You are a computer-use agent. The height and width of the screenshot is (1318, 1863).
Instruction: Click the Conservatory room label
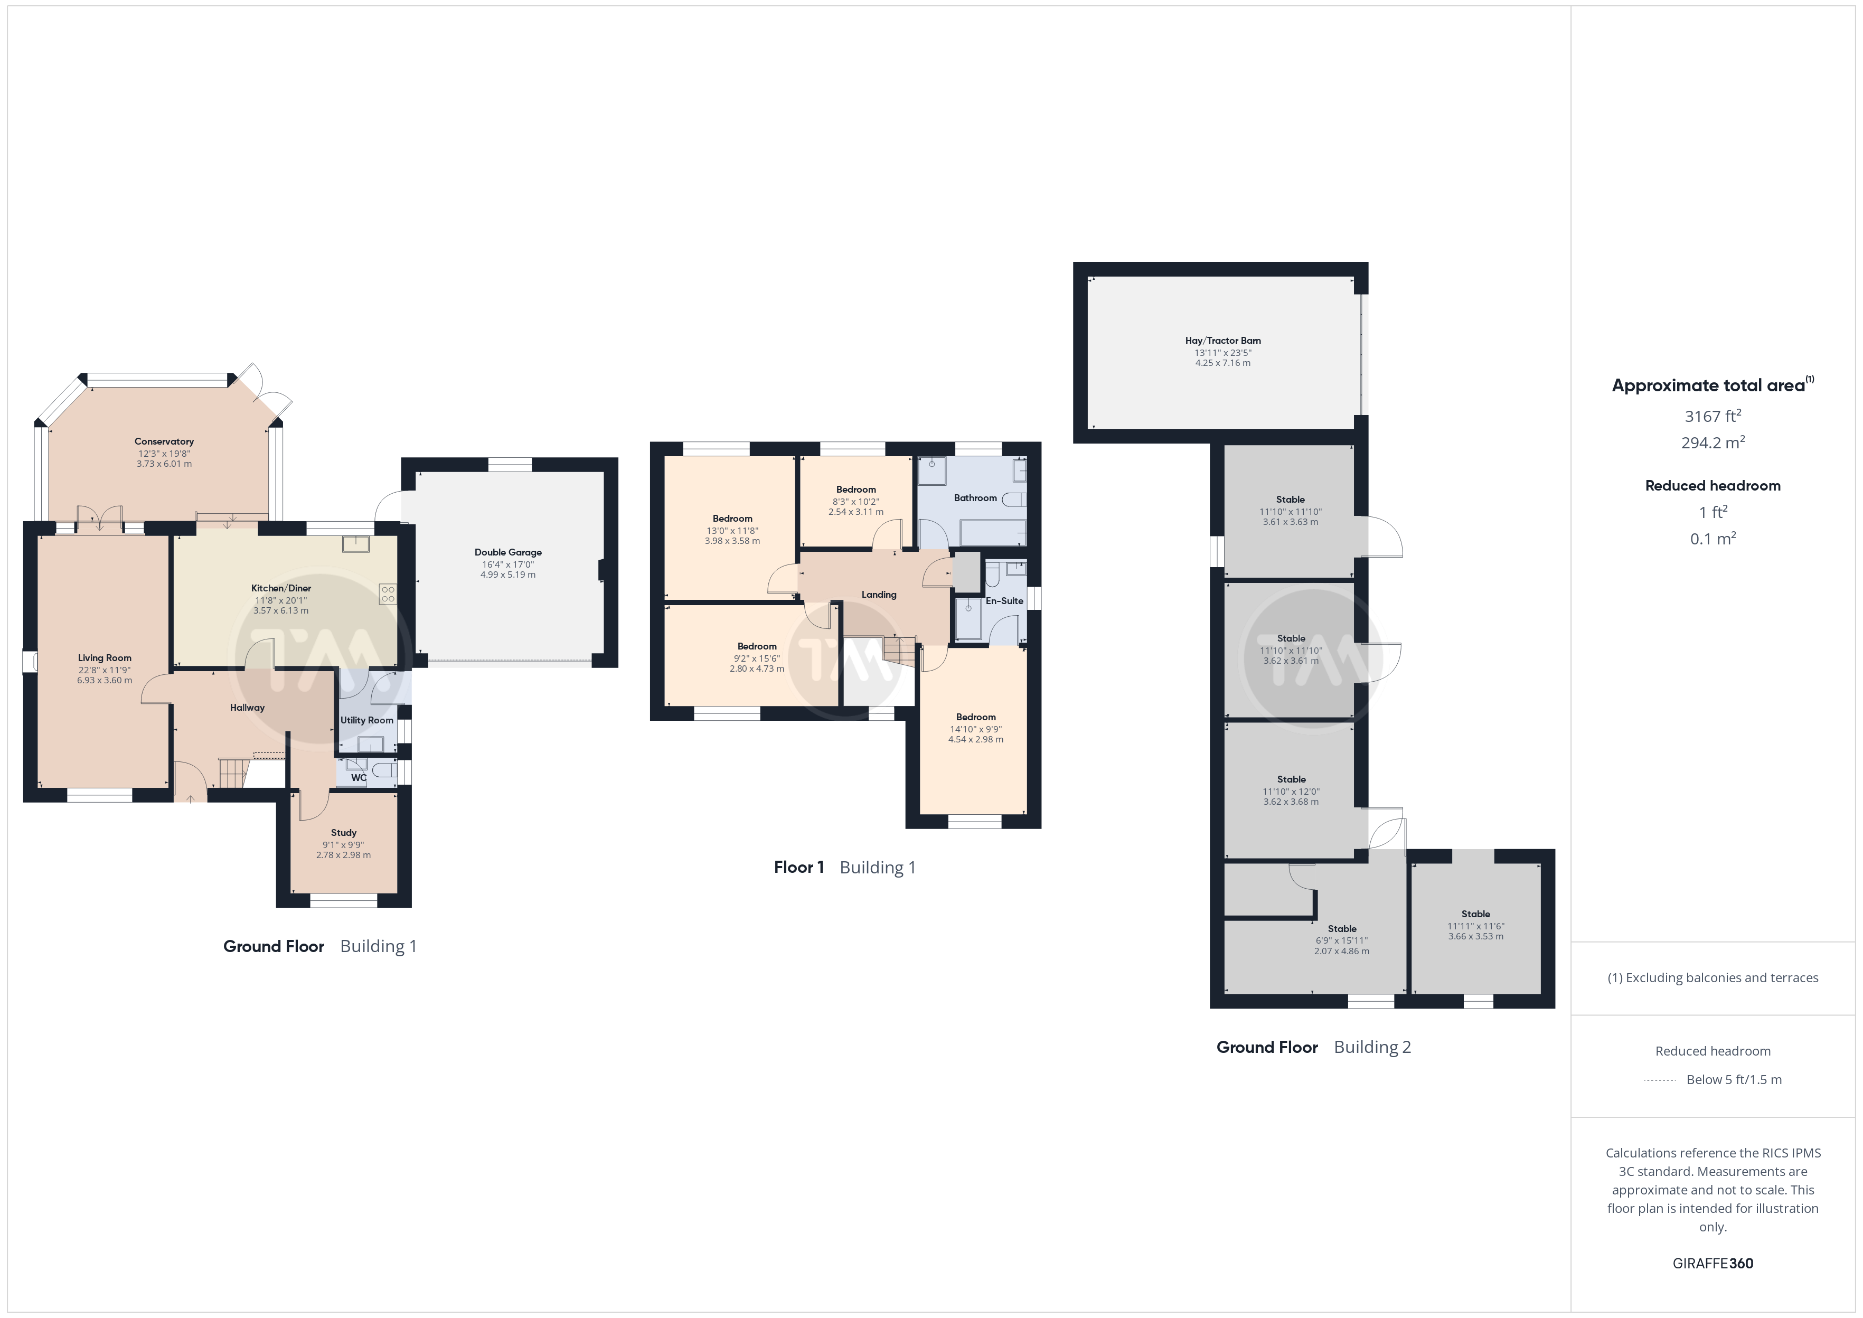click(x=164, y=441)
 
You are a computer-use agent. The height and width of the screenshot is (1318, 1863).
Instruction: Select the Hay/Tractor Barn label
click(x=1223, y=341)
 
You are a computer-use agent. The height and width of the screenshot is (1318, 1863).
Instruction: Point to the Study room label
click(x=343, y=833)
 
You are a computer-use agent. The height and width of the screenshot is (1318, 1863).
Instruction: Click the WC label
click(x=359, y=777)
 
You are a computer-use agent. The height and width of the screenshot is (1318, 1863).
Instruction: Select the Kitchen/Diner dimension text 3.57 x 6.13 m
click(x=281, y=611)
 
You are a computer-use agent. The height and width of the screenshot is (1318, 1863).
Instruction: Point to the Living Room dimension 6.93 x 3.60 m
click(x=105, y=681)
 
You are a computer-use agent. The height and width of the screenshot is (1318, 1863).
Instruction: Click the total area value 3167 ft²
click(x=1713, y=416)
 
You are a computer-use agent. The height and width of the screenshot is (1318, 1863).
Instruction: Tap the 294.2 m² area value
click(x=1713, y=443)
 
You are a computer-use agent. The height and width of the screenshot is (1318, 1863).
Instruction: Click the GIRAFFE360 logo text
click(x=1713, y=1264)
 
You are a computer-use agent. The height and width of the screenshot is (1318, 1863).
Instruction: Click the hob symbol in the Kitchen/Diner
click(x=388, y=594)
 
